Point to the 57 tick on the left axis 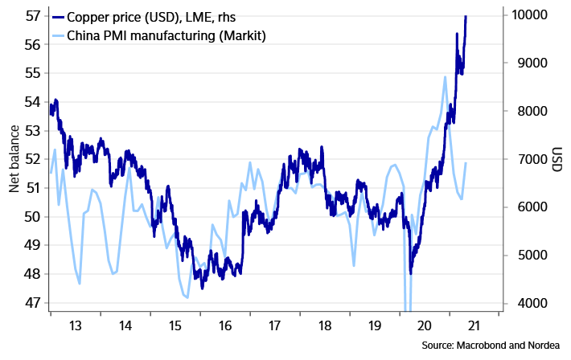pos(31,15)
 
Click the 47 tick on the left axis pos(31,303)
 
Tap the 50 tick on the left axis pos(31,216)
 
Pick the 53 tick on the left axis pos(31,130)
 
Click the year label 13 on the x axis pos(75,326)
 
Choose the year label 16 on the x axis pos(224,326)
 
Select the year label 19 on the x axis pos(374,326)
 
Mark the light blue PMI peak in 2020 pos(445,77)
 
